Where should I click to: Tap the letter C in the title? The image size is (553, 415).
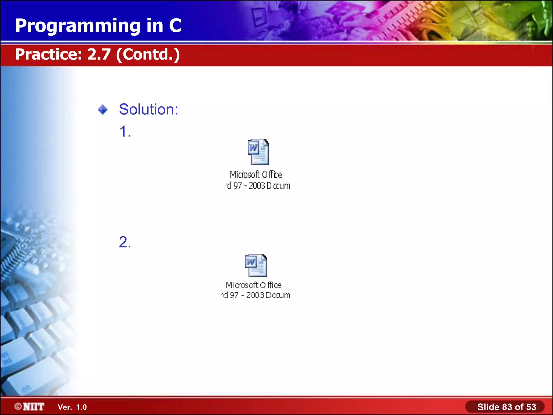pos(175,26)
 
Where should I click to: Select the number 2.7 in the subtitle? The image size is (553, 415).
pos(99,54)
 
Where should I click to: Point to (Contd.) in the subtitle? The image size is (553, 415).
pos(148,55)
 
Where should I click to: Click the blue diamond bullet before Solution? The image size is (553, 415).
pos(103,110)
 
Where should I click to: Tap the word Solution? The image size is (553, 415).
pos(149,109)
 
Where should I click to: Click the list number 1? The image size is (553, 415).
pos(125,132)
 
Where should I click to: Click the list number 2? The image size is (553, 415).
pos(125,242)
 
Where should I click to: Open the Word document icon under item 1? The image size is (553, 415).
pos(258,152)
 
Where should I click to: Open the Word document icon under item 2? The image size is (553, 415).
pos(256,265)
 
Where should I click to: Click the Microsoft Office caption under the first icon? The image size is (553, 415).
pos(256,175)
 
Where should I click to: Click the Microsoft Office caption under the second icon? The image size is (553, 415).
pos(254,285)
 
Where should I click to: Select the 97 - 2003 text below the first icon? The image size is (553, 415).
pos(249,186)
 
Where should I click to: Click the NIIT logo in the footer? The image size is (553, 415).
pos(33,407)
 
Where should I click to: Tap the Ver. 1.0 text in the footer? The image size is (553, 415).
pos(72,407)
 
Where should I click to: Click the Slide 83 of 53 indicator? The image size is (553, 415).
pos(506,407)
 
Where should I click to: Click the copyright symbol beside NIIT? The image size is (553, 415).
pos(18,406)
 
